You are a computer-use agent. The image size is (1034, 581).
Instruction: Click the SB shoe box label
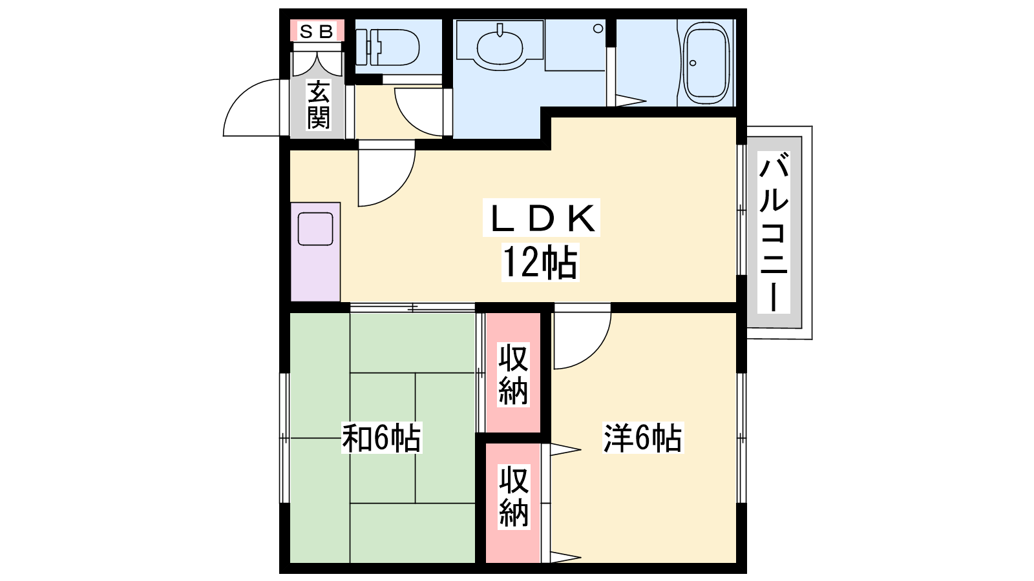point(317,32)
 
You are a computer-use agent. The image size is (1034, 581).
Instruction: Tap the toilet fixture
point(387,47)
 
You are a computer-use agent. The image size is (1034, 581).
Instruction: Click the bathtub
point(706,62)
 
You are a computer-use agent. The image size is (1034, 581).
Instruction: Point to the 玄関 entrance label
point(319,105)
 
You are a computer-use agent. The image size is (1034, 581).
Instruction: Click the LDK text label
point(542,218)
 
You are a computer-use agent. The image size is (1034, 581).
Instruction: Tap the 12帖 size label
point(540,263)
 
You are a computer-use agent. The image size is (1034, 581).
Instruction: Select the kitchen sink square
point(315,229)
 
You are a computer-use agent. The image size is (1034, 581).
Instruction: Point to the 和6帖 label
point(381,438)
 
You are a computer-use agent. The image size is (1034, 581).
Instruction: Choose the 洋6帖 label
point(642,438)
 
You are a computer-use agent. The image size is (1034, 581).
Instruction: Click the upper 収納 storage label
point(513,374)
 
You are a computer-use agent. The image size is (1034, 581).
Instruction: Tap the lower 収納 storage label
point(513,496)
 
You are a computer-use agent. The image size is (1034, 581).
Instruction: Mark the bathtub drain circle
point(693,63)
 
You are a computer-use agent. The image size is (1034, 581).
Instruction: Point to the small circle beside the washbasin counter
point(598,28)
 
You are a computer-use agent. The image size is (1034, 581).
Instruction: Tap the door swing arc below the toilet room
point(411,120)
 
